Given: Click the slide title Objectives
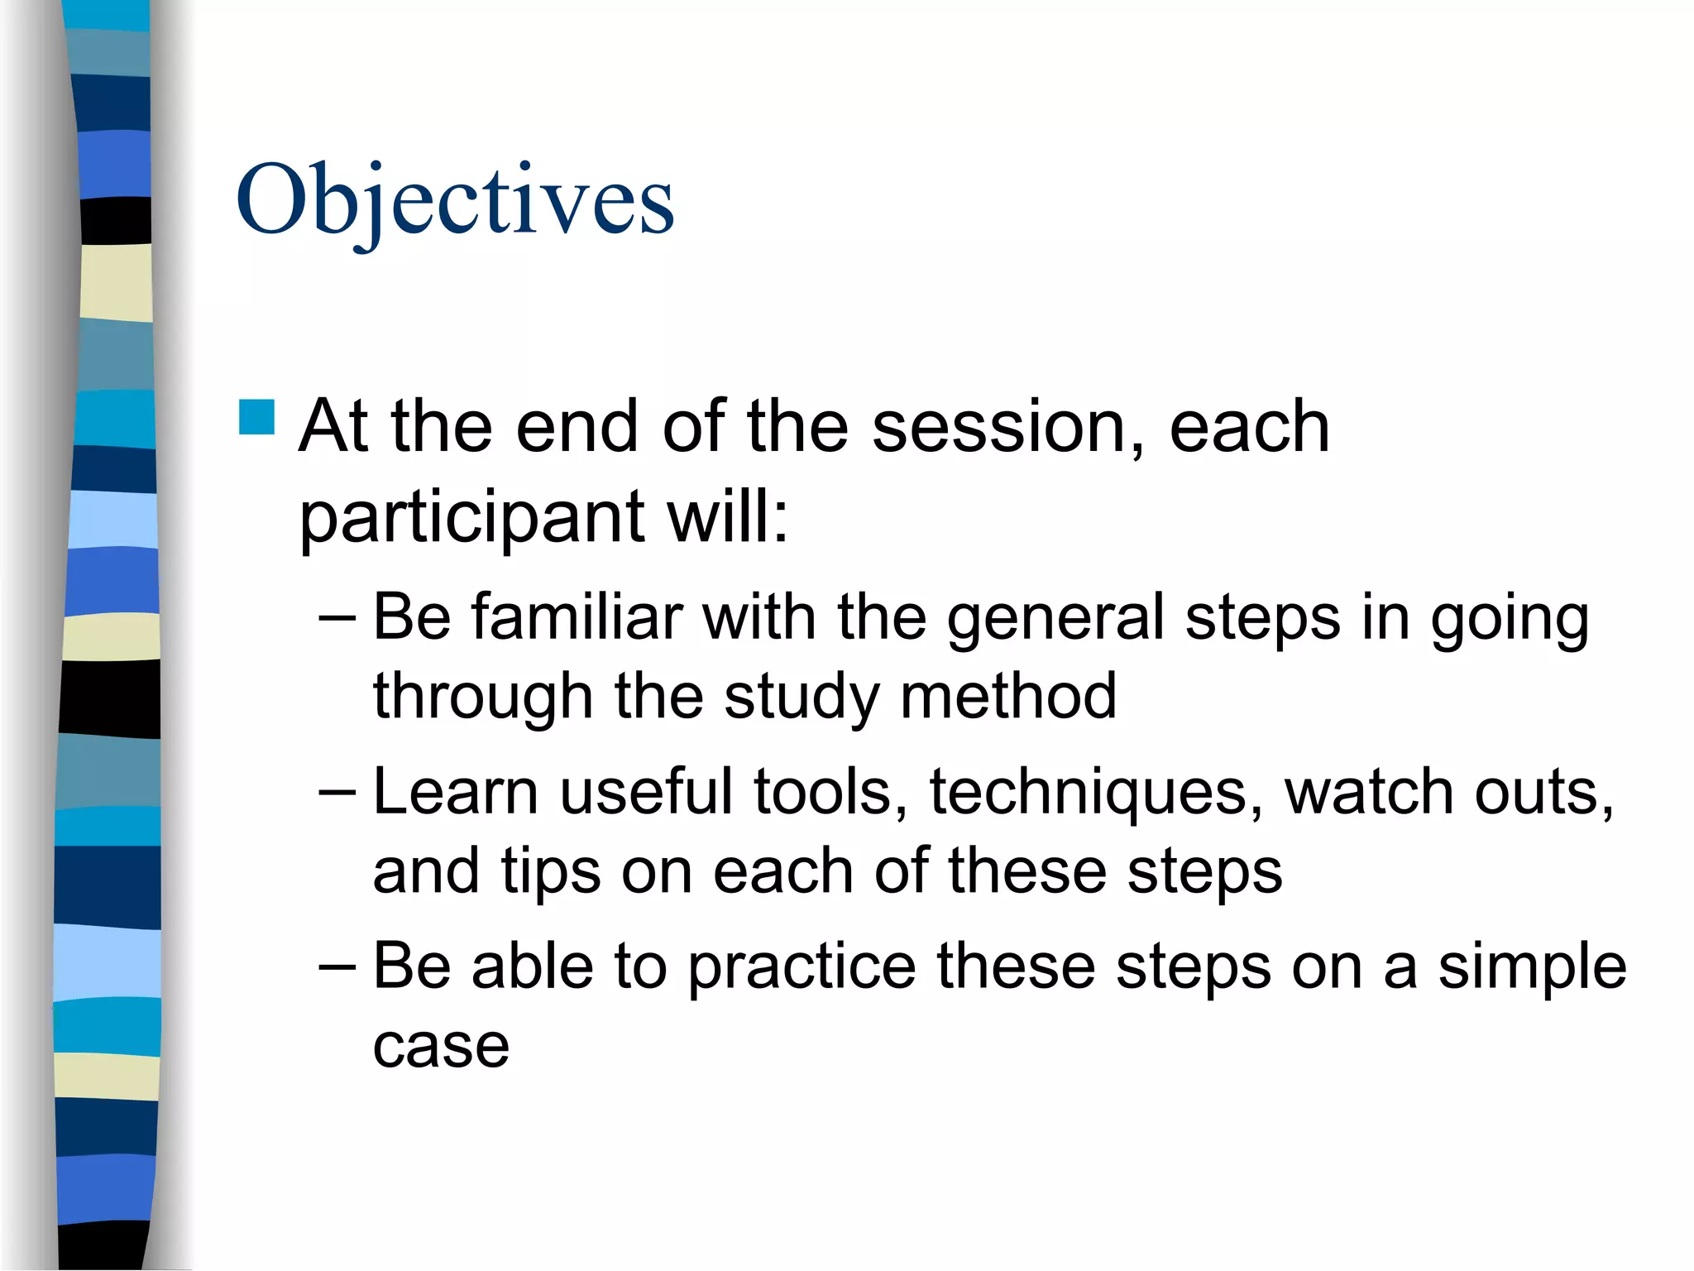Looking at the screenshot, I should click(455, 201).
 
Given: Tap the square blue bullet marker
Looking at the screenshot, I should click(256, 417).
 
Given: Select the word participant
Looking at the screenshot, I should click(471, 518).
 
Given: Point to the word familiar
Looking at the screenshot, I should click(577, 617).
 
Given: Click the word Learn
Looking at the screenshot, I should click(456, 792).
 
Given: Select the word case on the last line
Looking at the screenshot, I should click(441, 1047).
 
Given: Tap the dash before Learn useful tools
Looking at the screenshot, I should click(337, 793).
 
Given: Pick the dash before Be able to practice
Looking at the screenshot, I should click(337, 967).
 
